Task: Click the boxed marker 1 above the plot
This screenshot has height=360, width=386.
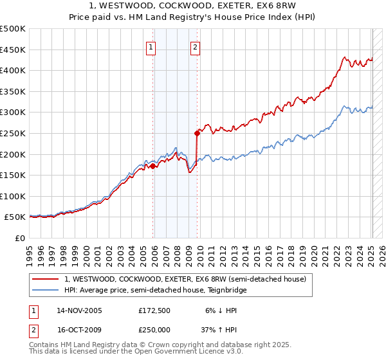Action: click(151, 46)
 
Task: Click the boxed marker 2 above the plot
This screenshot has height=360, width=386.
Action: click(194, 46)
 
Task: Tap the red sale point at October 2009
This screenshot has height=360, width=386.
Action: click(197, 133)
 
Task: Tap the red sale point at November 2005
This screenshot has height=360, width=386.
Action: click(153, 166)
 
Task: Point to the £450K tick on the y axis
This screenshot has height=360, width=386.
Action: click(13, 50)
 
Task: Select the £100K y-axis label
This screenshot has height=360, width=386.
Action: click(13, 196)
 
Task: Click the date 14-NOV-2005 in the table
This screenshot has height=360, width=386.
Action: click(79, 310)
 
